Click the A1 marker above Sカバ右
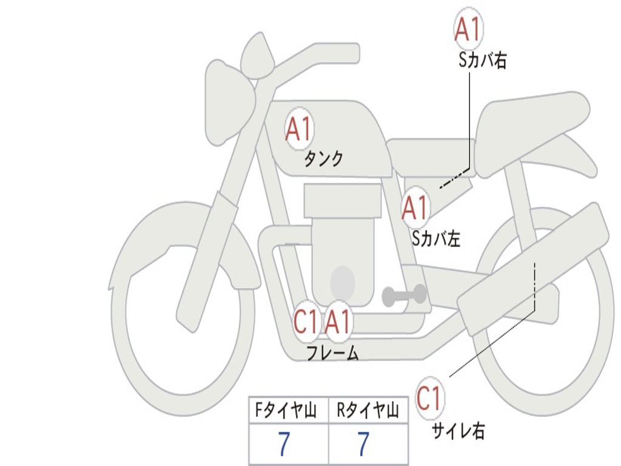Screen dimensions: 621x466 tap(469, 29)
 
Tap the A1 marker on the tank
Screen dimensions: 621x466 tap(300, 129)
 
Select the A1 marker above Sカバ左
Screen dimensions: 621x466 tap(415, 208)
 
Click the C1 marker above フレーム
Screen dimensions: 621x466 tap(306, 322)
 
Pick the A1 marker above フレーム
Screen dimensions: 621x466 tap(338, 322)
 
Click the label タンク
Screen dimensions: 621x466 tap(324, 159)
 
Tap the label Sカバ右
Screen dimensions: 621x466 tap(482, 60)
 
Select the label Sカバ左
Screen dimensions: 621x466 tap(437, 238)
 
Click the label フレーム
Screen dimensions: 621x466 tap(333, 353)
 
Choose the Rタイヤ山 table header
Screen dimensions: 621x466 tap(368, 410)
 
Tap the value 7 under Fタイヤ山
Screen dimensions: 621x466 tap(284, 444)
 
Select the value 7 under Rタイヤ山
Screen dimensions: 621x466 tap(364, 444)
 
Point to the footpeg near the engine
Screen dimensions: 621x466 tap(404, 295)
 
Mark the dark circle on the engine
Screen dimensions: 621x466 tap(343, 282)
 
